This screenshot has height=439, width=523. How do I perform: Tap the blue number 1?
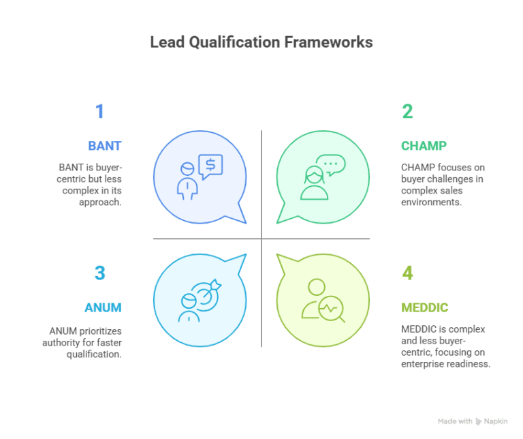click(x=99, y=111)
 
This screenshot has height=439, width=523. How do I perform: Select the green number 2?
click(x=407, y=111)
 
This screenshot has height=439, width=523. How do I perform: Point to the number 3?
click(x=100, y=273)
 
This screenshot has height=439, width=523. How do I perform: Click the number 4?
click(x=407, y=273)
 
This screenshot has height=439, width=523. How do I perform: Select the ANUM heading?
click(x=103, y=307)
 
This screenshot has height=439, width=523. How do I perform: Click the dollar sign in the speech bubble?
click(x=210, y=164)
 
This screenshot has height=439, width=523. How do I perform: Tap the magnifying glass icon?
click(x=333, y=310)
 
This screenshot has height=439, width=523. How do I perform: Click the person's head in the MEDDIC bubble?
click(x=315, y=286)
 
